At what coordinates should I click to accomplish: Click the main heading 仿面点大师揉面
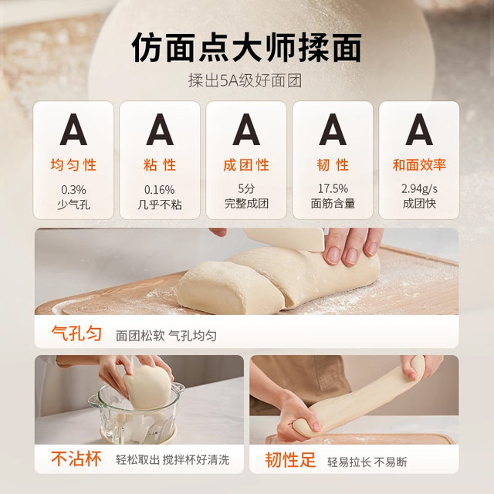pos(246,48)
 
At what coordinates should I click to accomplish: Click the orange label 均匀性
pos(74,165)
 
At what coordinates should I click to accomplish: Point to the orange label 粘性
pos(160,165)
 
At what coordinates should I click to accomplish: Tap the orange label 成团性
pos(246,165)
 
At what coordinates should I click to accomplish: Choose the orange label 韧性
pos(333,165)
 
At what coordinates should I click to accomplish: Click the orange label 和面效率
pos(419,165)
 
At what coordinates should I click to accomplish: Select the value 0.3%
pos(74,189)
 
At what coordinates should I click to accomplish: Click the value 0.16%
pos(160,189)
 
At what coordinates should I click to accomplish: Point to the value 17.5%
pos(333,188)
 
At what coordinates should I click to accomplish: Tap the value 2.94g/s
pos(419,188)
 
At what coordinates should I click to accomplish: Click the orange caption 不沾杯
pos(76,460)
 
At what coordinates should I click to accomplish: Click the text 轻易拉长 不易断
pos(367,462)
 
